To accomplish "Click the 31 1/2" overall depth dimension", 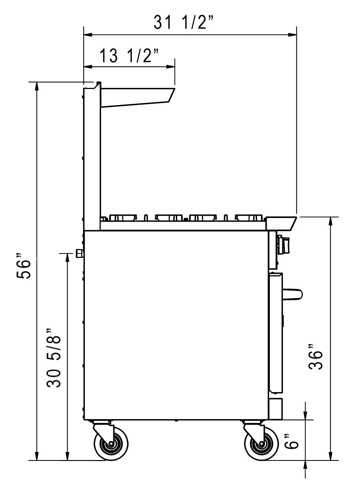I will [x=184, y=23].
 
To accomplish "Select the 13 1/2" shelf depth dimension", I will [x=129, y=56].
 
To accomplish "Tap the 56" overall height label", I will [x=24, y=269].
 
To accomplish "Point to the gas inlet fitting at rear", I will [x=80, y=253].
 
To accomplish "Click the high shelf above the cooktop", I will [x=137, y=97].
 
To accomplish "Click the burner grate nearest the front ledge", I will [x=249, y=217].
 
